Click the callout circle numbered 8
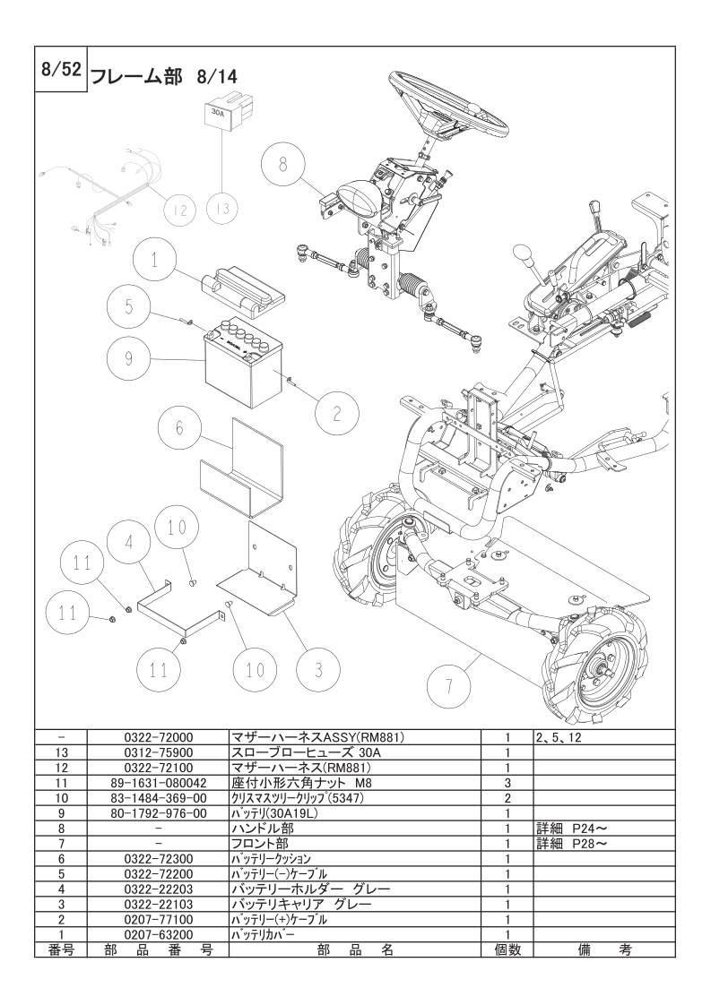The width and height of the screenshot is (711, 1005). point(283,165)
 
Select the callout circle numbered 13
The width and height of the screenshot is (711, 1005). point(222,209)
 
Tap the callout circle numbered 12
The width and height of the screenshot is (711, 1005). point(180,210)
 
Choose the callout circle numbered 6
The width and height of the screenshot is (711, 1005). point(179,428)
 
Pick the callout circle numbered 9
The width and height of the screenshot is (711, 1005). point(129,358)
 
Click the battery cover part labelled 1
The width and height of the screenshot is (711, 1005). point(245,290)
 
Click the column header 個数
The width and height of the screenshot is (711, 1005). point(507,949)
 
